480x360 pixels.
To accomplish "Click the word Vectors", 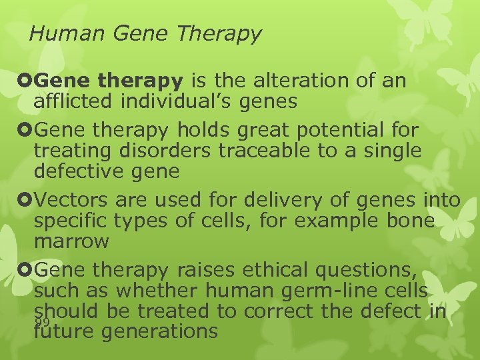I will click(72, 199).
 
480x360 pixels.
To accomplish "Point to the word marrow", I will click(71, 241).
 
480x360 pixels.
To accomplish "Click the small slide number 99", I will click(43, 322).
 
